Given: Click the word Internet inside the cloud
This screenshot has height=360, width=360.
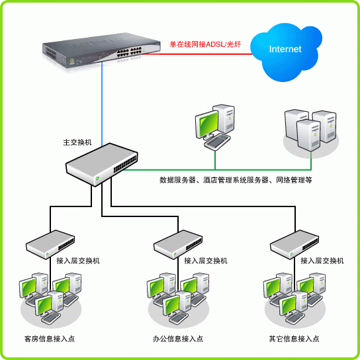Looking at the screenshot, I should pyautogui.click(x=285, y=50).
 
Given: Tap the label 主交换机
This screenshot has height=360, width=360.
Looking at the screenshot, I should pyautogui.click(x=77, y=142).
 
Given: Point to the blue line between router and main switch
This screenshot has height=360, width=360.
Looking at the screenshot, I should pyautogui.click(x=102, y=106).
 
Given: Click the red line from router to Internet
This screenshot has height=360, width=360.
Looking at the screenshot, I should pyautogui.click(x=199, y=55).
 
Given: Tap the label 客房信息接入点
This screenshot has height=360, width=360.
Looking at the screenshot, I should pyautogui.click(x=50, y=339).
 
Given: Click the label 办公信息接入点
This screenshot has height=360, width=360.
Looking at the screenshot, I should pyautogui.click(x=177, y=339).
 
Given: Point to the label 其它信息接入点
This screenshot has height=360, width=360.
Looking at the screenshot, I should pyautogui.click(x=294, y=339).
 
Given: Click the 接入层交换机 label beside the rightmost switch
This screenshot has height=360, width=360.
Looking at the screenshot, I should pyautogui.click(x=322, y=261).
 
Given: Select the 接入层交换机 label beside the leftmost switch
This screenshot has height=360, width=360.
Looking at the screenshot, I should pyautogui.click(x=78, y=261).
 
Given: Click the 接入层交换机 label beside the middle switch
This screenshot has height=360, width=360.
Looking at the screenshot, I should pyautogui.click(x=206, y=261).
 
